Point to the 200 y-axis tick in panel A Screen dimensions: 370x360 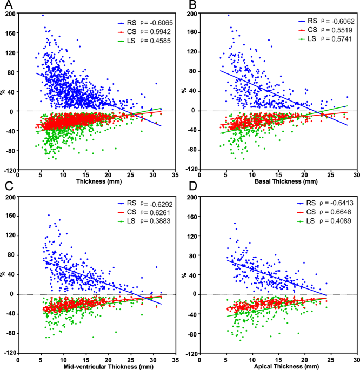click(x=9, y=14)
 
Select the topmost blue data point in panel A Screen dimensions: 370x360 click(x=43, y=15)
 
